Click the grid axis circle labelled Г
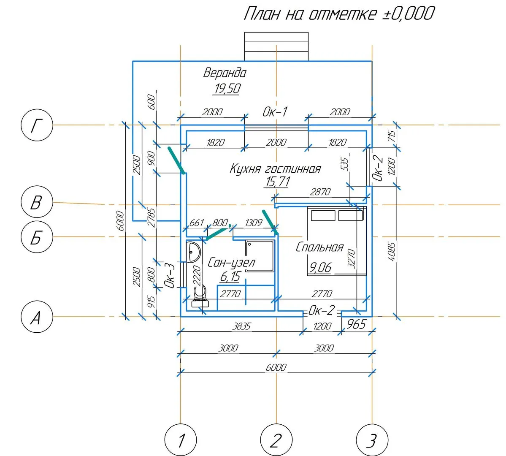pyautogui.click(x=37, y=125)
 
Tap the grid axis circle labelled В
pyautogui.click(x=37, y=203)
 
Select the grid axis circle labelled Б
pyautogui.click(x=37, y=237)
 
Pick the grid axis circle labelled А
pyautogui.click(x=37, y=317)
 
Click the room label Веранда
pyautogui.click(x=225, y=73)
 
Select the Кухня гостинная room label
pyautogui.click(x=275, y=169)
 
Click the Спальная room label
pyautogui.click(x=319, y=247)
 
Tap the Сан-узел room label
pyautogui.click(x=231, y=263)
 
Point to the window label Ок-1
pyautogui.click(x=275, y=112)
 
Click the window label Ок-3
pyautogui.click(x=170, y=275)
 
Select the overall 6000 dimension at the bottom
pyautogui.click(x=276, y=367)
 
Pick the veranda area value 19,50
pyautogui.click(x=227, y=89)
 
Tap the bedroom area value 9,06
pyautogui.click(x=320, y=267)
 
